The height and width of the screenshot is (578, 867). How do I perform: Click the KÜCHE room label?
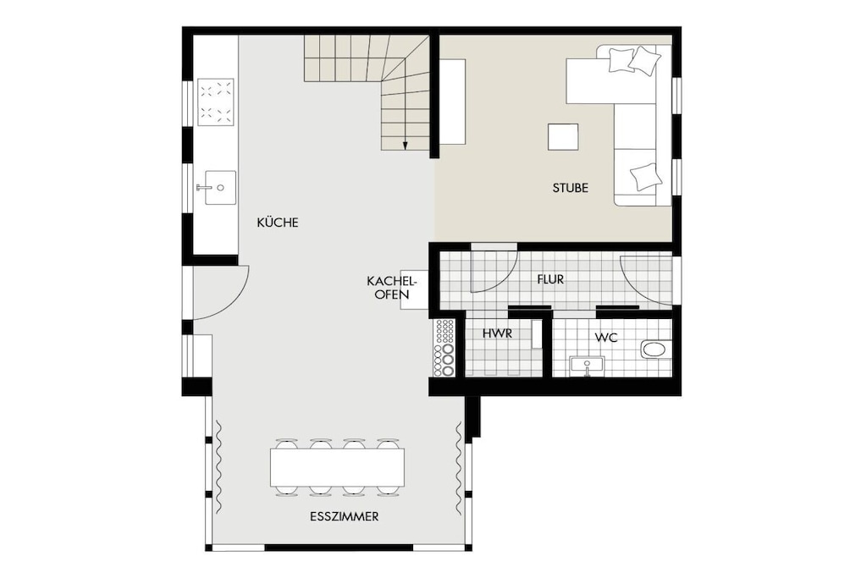click(278, 222)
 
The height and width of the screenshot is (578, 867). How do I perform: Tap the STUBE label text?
click(570, 188)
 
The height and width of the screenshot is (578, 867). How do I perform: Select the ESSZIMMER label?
click(344, 517)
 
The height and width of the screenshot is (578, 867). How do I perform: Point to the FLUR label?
click(550, 279)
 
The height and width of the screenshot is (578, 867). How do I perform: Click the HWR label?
click(497, 333)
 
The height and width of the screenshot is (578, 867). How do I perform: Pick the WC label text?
click(606, 337)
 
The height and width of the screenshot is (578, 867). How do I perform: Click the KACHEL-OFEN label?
click(391, 288)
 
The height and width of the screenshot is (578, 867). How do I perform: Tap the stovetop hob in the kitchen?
click(216, 101)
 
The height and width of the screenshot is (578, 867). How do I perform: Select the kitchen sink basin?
click(219, 188)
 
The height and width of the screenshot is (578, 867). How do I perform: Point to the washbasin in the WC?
click(587, 366)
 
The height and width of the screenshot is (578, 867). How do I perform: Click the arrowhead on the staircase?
click(405, 146)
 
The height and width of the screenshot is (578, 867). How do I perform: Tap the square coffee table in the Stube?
click(563, 137)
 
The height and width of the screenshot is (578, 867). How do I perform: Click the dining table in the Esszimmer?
click(337, 467)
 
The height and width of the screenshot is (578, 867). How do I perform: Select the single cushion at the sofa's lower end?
click(646, 177)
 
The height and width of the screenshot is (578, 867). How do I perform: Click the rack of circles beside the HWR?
click(445, 348)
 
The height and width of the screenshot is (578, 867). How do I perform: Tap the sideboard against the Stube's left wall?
click(452, 102)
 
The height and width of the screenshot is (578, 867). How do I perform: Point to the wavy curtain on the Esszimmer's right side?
click(459, 467)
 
